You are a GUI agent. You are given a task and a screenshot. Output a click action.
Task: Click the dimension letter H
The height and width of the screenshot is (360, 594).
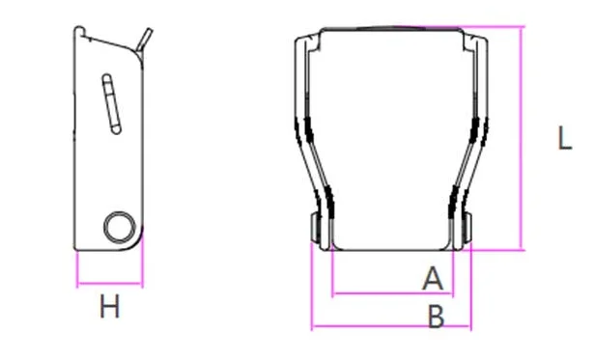point(110,306)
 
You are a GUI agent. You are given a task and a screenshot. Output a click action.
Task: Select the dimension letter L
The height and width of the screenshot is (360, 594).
point(565,138)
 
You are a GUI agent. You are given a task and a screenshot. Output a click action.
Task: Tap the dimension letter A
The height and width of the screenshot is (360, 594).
point(433,278)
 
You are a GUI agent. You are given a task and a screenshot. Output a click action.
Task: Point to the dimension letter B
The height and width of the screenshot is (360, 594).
point(436,317)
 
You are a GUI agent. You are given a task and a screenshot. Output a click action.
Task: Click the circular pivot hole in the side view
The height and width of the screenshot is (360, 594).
point(120,227)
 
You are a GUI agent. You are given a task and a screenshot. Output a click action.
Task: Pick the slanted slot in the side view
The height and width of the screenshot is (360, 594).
point(111,103)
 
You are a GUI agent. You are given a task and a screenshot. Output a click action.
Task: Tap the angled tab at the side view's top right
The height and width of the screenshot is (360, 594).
point(145,39)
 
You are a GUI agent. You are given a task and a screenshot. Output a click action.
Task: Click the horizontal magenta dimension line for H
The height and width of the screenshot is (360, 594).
point(109,283)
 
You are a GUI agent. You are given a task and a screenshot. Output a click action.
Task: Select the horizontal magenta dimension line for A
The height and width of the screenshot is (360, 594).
point(392,292)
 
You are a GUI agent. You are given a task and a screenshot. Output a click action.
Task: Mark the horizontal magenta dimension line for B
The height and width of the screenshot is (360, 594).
point(391,325)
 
